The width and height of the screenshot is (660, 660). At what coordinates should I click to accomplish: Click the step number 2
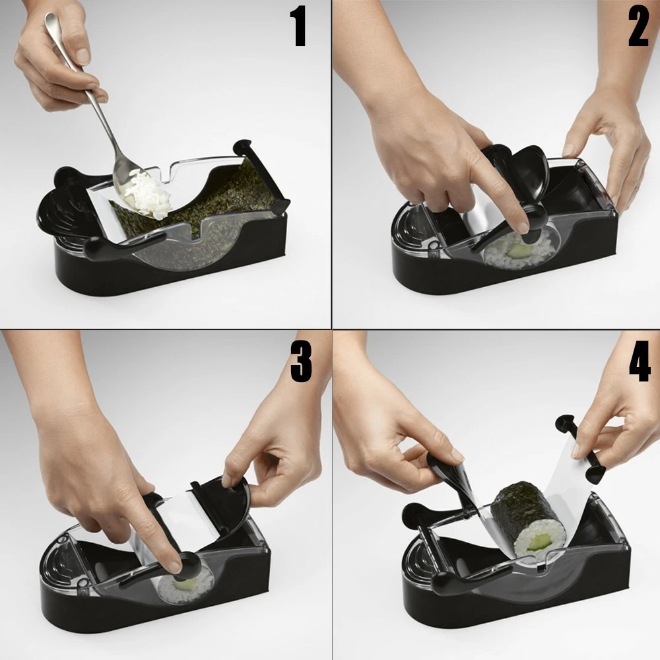[638, 27]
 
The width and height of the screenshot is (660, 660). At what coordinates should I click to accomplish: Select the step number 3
[301, 361]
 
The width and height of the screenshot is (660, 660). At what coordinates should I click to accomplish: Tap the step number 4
[640, 361]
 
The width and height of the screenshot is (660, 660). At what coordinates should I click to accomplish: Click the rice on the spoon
[148, 195]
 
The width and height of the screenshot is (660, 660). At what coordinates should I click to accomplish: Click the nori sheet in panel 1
[198, 198]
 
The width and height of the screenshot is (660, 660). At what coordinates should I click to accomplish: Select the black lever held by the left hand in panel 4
[450, 476]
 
